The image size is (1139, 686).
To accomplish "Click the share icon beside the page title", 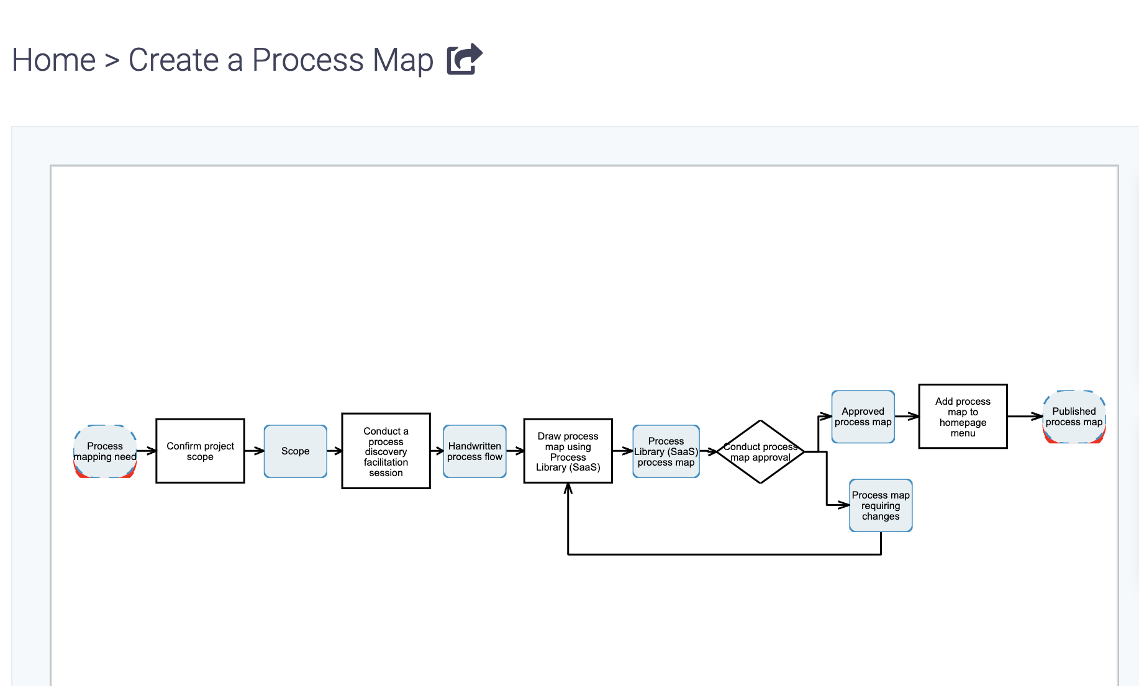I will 464,60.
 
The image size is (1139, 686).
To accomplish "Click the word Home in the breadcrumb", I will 54,60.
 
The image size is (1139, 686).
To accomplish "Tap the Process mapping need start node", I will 105,451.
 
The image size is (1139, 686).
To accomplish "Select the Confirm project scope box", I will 200,451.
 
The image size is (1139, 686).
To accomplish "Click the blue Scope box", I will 295,451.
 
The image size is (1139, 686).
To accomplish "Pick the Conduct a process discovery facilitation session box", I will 386,451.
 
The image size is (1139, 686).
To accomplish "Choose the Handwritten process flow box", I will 474,451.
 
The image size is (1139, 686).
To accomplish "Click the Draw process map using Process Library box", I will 568,451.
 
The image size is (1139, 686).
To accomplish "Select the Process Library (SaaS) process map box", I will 666,451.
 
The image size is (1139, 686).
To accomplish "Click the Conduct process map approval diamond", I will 760,452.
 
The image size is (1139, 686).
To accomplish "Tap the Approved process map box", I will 863,417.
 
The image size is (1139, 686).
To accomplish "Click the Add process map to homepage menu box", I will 963,417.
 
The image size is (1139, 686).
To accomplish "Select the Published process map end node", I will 1074,417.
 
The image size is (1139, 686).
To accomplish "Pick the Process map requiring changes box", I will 880,505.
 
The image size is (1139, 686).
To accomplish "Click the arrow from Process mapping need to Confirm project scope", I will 146,451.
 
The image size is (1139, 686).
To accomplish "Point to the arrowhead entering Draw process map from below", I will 568,489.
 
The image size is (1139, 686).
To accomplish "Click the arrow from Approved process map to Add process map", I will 906,417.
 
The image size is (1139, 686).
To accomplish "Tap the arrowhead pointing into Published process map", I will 1038,417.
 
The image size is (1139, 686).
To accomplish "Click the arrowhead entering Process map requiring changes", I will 844,505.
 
